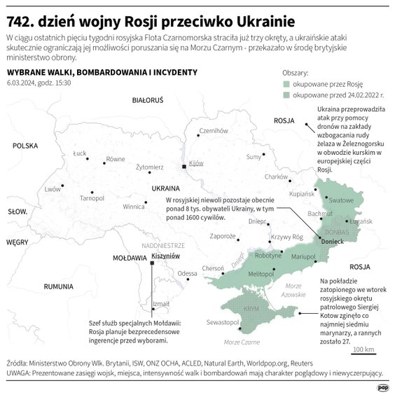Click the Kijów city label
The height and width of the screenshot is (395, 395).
click(x=195, y=162)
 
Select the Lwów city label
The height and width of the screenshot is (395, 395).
click(x=53, y=189)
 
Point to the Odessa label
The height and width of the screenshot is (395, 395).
click(x=187, y=273)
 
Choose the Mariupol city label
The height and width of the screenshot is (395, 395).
click(x=303, y=256)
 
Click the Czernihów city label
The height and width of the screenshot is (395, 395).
click(x=214, y=130)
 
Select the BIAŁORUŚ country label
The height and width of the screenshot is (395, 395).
click(x=147, y=101)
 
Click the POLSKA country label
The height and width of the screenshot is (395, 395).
click(x=24, y=146)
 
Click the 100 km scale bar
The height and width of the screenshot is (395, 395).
click(x=363, y=349)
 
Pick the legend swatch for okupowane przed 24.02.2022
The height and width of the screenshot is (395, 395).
click(x=286, y=94)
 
